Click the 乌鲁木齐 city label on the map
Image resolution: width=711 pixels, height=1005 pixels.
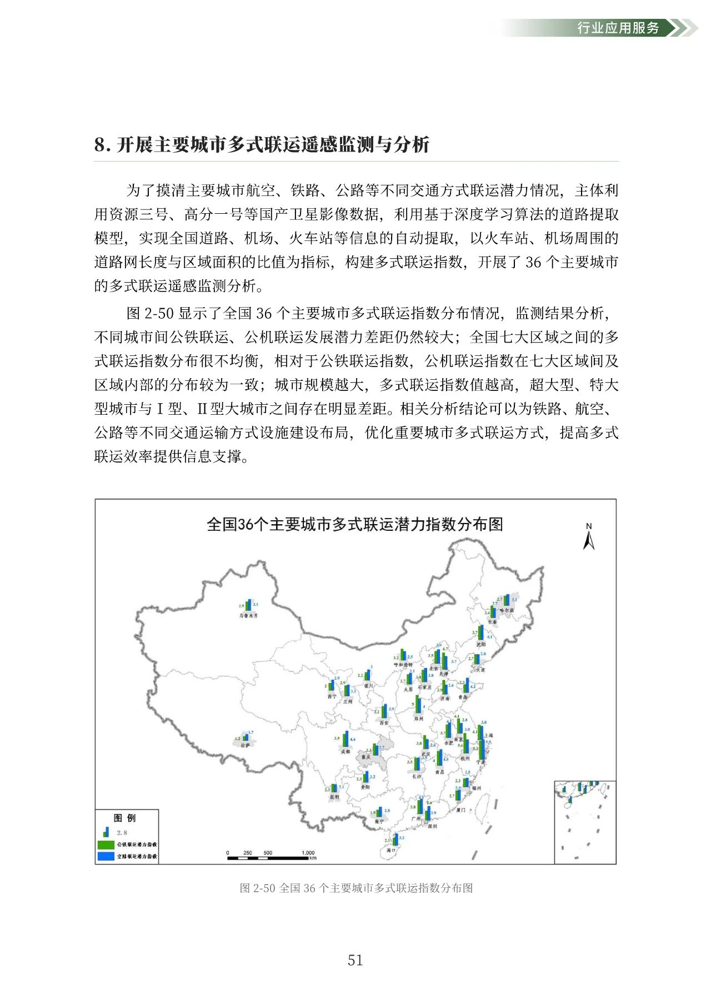point(248,615)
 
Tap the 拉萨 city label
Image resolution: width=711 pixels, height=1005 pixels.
point(245,745)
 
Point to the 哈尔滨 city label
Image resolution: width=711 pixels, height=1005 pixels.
point(507,610)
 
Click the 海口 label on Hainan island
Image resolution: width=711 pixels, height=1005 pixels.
point(390,850)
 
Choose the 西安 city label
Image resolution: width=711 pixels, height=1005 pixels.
point(384,722)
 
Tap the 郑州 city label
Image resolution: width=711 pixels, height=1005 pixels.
point(419,718)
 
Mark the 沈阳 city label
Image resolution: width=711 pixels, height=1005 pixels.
point(480,644)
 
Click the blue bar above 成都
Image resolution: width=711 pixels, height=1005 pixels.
point(347,740)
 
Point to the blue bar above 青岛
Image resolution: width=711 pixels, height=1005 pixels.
point(467,686)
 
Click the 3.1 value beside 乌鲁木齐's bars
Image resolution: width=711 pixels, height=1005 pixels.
point(256,604)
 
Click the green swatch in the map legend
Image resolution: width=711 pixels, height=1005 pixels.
point(106,845)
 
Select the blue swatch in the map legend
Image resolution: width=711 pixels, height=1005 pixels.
point(106,856)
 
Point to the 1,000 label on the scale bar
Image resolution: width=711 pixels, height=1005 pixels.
point(308,852)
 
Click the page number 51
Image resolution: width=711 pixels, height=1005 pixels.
point(355,960)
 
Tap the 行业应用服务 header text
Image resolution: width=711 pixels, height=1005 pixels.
point(618,28)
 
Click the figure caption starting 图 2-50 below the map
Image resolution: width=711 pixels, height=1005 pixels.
point(356,888)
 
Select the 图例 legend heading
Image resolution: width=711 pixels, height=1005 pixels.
point(124,818)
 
